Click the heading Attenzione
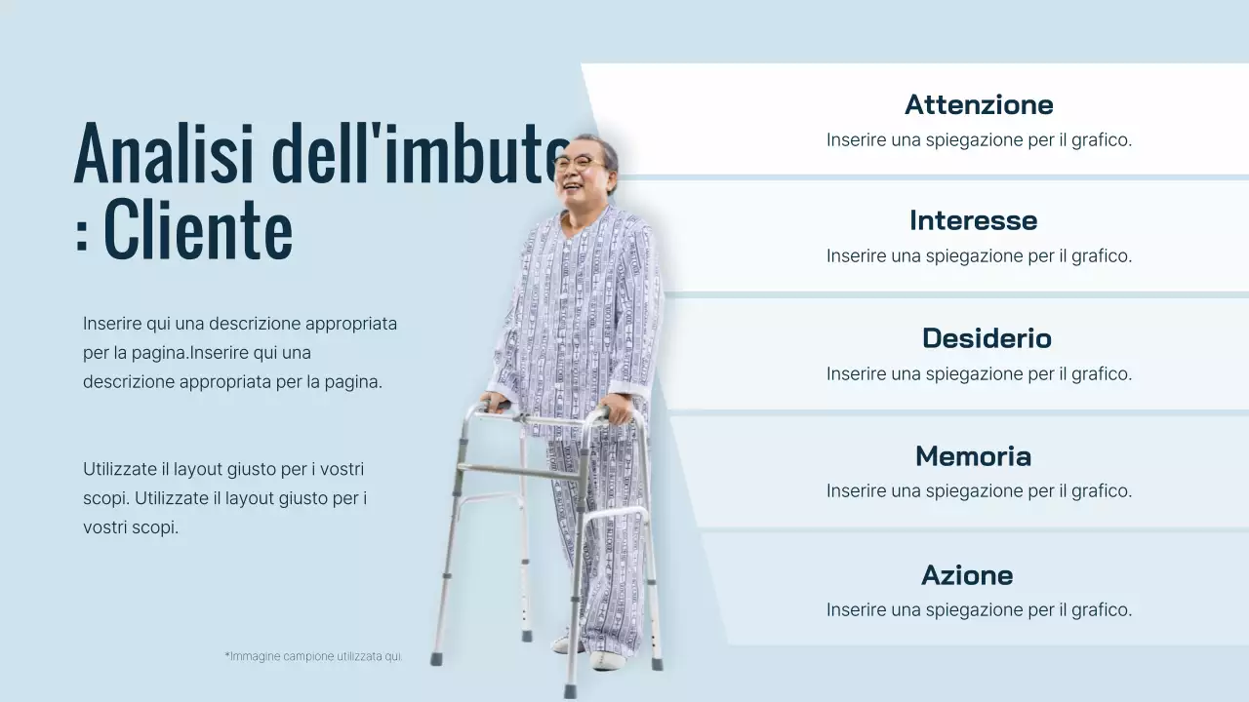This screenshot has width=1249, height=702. coord(979,104)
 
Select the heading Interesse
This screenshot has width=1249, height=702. coord(973,220)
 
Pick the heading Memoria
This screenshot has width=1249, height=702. coord(973,456)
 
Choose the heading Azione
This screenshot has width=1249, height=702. coord(967,575)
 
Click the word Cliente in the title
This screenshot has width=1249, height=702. coord(198,231)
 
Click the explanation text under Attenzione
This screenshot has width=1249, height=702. coord(979,139)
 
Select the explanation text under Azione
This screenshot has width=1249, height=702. coord(979,609)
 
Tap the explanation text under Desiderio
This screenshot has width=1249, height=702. coord(979,373)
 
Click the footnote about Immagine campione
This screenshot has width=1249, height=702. coord(313,656)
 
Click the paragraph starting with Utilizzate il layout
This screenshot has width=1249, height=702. coord(224,498)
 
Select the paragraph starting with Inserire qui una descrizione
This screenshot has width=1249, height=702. coord(240,352)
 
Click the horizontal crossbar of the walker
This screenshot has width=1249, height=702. coord(517,473)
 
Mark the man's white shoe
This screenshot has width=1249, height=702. coord(605,660)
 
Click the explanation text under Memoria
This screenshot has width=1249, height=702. coord(979,490)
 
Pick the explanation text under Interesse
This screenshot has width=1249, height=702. coord(979,255)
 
